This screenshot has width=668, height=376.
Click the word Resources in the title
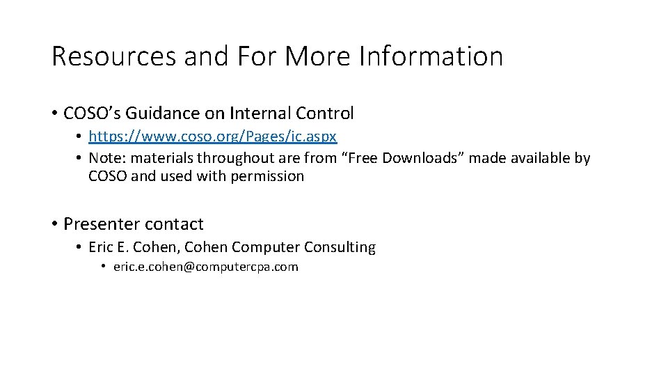(114, 56)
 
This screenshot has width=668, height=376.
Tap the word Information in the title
(431, 56)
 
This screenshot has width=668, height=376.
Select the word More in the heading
(317, 56)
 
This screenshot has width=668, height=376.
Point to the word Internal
(258, 113)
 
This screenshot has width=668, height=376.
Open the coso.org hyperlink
(213, 136)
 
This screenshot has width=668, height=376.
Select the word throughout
(234, 158)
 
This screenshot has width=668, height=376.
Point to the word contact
(173, 224)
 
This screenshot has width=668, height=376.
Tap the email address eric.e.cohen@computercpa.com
(205, 267)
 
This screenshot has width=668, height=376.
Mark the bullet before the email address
(102, 267)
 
